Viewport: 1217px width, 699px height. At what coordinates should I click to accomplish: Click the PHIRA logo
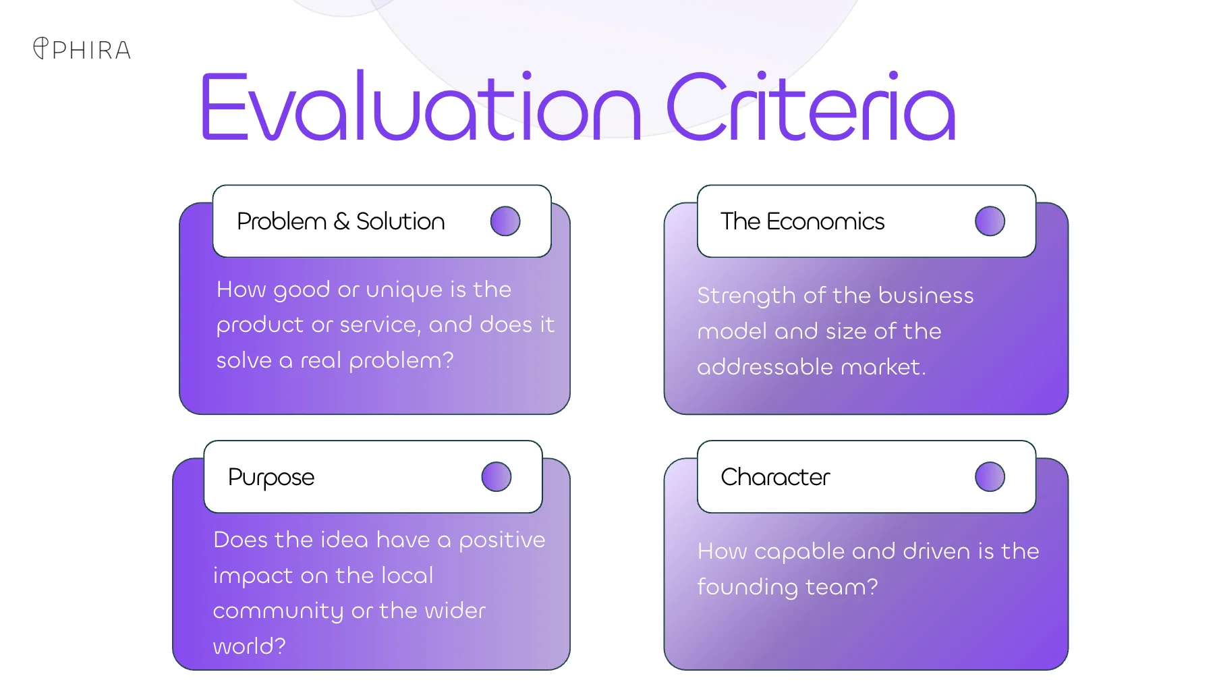tap(82, 49)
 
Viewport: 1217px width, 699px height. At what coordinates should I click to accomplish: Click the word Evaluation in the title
tap(420, 107)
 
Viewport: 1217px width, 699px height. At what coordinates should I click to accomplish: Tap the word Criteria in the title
tap(812, 107)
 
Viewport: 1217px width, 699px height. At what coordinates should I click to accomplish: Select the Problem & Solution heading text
tap(341, 221)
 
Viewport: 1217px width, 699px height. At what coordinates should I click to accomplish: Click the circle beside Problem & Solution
tap(505, 221)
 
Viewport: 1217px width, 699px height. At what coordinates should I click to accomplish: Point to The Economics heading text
tap(802, 221)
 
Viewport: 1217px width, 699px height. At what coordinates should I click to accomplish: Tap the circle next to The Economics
tap(990, 221)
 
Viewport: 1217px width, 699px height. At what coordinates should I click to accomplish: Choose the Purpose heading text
tap(271, 478)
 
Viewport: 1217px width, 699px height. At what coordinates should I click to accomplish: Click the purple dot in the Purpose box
tap(497, 477)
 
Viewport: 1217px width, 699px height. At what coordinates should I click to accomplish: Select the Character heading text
tap(775, 477)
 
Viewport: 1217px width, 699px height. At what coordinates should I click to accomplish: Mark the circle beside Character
tap(990, 477)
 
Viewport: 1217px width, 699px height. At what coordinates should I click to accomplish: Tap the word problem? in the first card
tap(401, 361)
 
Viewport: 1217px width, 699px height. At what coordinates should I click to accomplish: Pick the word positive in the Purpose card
tap(502, 540)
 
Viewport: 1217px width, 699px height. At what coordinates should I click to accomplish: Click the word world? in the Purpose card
tap(250, 646)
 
